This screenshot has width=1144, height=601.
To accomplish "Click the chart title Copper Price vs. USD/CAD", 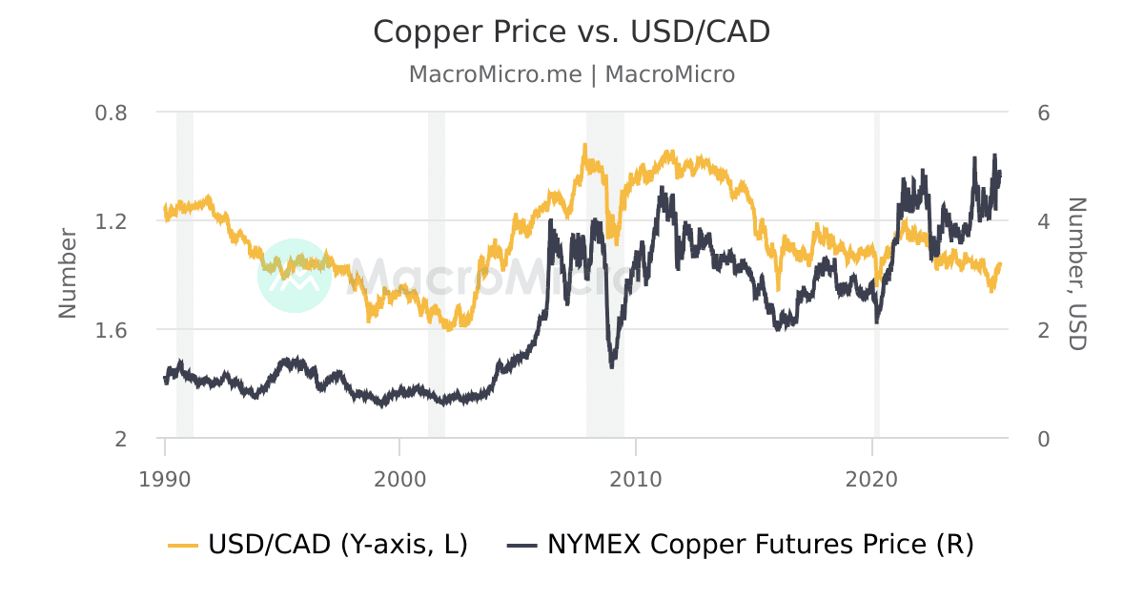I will pyautogui.click(x=571, y=31).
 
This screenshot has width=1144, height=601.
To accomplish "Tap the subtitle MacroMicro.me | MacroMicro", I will pyautogui.click(x=571, y=74).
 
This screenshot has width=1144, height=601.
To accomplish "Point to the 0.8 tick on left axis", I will pyautogui.click(x=112, y=112).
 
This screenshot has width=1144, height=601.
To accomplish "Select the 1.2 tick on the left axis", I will pyautogui.click(x=112, y=221).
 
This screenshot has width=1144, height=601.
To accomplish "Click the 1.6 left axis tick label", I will pyautogui.click(x=112, y=330).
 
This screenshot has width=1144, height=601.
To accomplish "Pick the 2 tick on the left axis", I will pyautogui.click(x=120, y=439).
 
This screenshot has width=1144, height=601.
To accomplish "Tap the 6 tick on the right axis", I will pyautogui.click(x=1043, y=112).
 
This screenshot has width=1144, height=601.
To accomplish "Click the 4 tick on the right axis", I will pyautogui.click(x=1043, y=221).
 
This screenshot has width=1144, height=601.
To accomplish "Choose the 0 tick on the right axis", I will pyautogui.click(x=1043, y=439).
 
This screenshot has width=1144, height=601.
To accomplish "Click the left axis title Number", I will pyautogui.click(x=67, y=273).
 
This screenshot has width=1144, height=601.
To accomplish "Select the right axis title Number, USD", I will pyautogui.click(x=1076, y=274).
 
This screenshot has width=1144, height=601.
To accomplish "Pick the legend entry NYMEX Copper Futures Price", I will pyautogui.click(x=760, y=546).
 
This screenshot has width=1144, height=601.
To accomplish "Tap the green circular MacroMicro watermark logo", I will pyautogui.click(x=295, y=275).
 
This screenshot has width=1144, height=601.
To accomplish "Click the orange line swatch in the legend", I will pyautogui.click(x=183, y=546).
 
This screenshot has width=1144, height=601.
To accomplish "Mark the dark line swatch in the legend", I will pyautogui.click(x=521, y=546).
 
